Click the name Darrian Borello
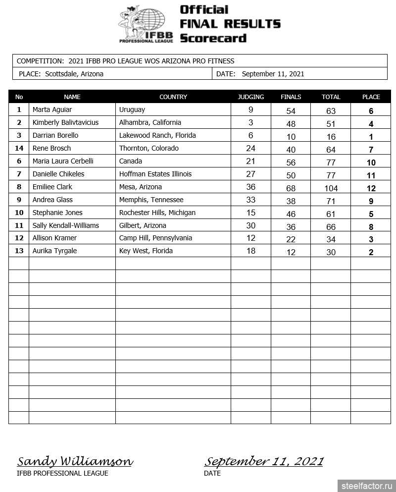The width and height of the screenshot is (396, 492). [x=55, y=135]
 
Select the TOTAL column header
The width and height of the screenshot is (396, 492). [x=331, y=97]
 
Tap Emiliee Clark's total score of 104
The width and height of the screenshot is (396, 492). [x=331, y=188]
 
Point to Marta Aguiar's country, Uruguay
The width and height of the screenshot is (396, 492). [x=132, y=109]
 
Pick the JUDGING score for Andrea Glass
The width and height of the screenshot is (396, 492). [x=251, y=200]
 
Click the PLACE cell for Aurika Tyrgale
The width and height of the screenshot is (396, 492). [x=371, y=252]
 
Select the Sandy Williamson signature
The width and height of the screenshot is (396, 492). [x=75, y=462]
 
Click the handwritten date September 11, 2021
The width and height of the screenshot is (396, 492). [x=263, y=462]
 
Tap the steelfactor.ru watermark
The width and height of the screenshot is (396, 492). [x=367, y=486]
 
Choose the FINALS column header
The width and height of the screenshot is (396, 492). [x=291, y=97]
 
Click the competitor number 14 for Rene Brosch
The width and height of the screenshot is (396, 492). [x=19, y=148]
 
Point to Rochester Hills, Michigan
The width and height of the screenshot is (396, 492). [x=157, y=213]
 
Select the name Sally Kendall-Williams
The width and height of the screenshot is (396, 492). [x=65, y=225]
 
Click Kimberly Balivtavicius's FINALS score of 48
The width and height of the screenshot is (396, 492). [x=291, y=124]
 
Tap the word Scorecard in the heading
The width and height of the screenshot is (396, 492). [x=213, y=38]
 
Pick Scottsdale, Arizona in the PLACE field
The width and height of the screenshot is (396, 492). [x=74, y=74]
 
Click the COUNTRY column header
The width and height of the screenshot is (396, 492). [x=173, y=97]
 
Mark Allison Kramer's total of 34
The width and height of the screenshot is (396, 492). [x=331, y=239]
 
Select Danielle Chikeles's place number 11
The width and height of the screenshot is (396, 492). [x=371, y=175]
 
